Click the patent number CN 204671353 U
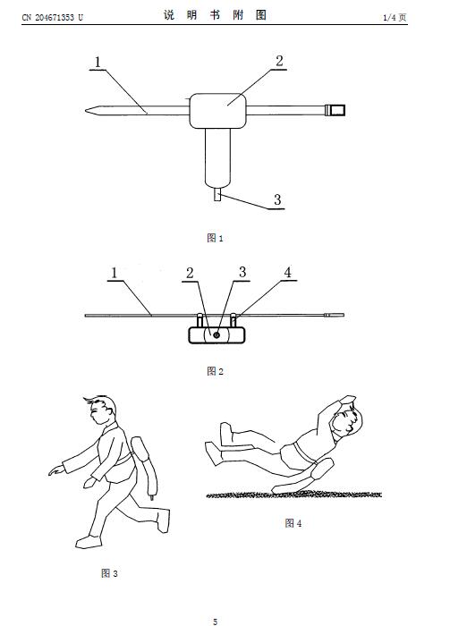tap(52, 17)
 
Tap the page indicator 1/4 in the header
tap(390, 17)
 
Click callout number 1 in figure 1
tap(98, 62)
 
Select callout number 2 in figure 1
tap(279, 61)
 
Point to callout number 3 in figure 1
tap(277, 199)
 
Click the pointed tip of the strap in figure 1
tap(86, 110)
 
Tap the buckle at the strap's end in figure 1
tap(335, 110)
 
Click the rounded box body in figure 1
tap(217, 111)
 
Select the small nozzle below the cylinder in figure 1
tap(217, 194)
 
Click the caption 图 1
tap(216, 238)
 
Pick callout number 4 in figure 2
tap(287, 272)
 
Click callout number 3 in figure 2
tap(242, 272)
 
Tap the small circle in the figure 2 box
tap(217, 335)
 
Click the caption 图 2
tap(216, 371)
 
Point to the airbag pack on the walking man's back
tap(145, 467)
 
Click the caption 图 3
tap(109, 573)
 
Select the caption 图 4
tap(293, 523)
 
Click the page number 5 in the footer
tap(216, 622)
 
